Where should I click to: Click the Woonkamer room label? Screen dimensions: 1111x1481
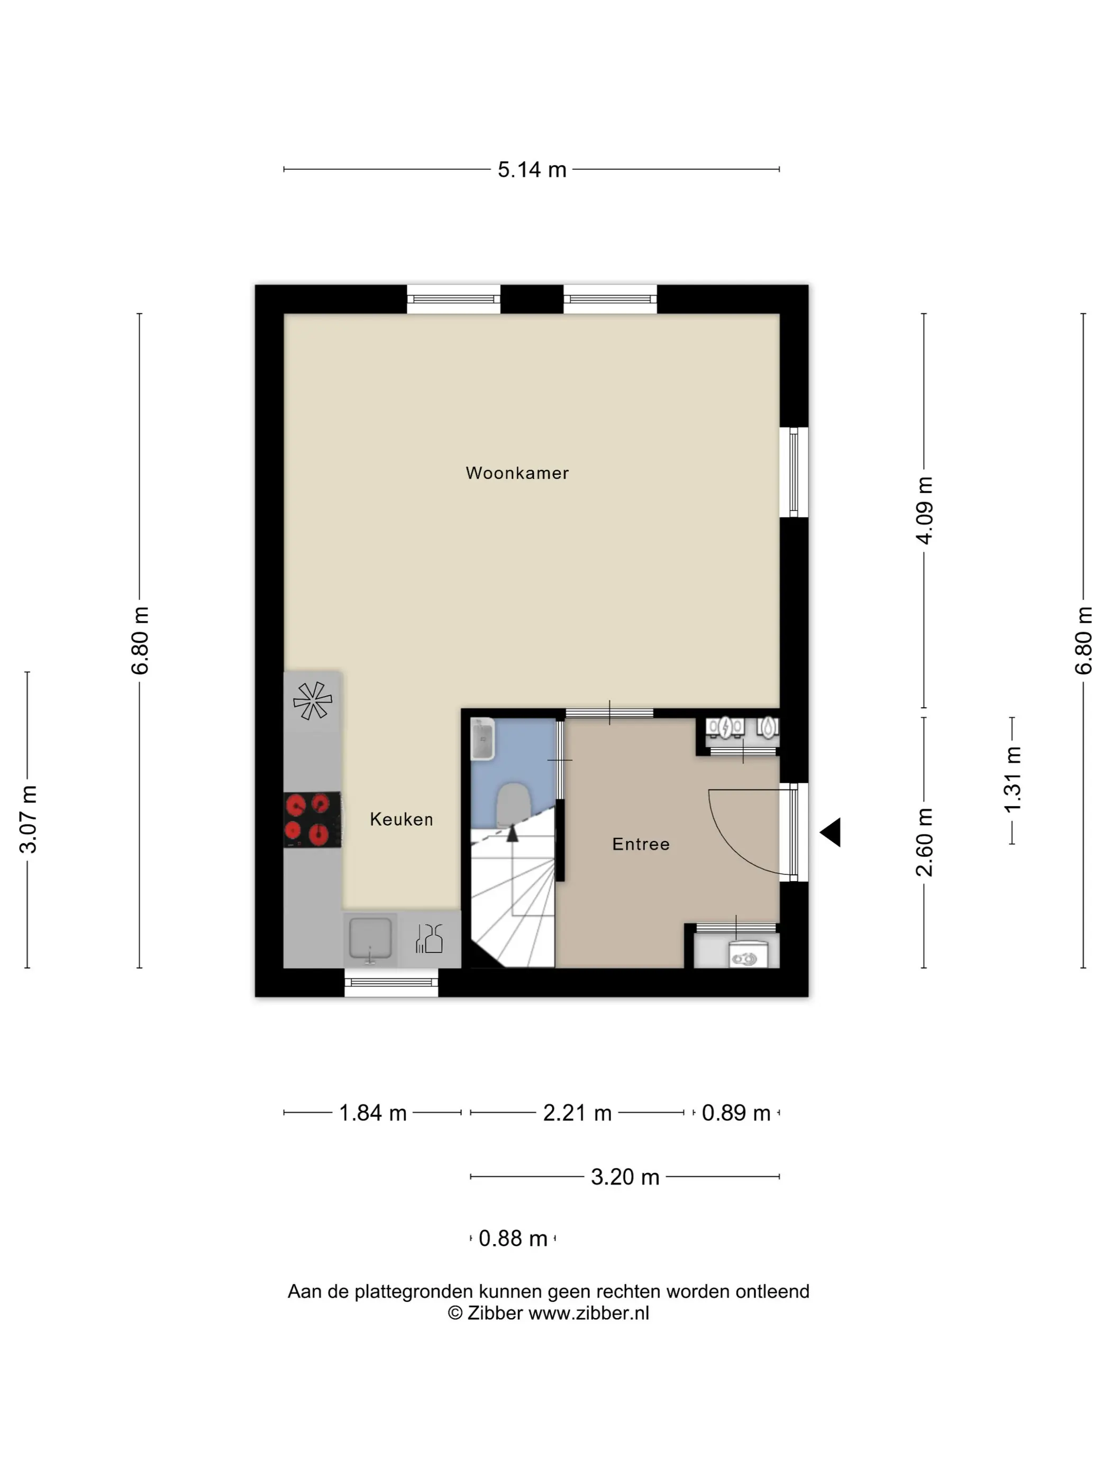(x=517, y=473)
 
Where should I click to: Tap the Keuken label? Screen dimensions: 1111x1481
(x=401, y=819)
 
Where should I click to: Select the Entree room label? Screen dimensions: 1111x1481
(x=641, y=844)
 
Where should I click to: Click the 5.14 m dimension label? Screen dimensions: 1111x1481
(x=532, y=169)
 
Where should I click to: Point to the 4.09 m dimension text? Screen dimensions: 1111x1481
(x=924, y=510)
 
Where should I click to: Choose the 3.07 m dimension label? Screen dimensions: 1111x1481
(x=28, y=819)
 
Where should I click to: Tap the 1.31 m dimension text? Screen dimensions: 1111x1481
(x=1012, y=779)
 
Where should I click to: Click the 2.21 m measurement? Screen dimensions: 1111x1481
(x=577, y=1113)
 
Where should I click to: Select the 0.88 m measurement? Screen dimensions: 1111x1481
(x=513, y=1238)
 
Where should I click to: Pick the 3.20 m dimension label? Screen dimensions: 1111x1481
(x=625, y=1176)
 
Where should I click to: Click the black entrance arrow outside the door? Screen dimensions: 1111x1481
(x=831, y=832)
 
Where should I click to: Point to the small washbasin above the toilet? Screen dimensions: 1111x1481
(x=482, y=739)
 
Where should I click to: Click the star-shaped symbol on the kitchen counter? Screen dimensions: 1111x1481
(x=313, y=700)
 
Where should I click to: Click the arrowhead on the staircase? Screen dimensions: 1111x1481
(x=512, y=833)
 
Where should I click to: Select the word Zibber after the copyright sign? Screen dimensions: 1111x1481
(x=494, y=1313)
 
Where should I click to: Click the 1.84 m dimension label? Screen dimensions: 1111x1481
(x=372, y=1113)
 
